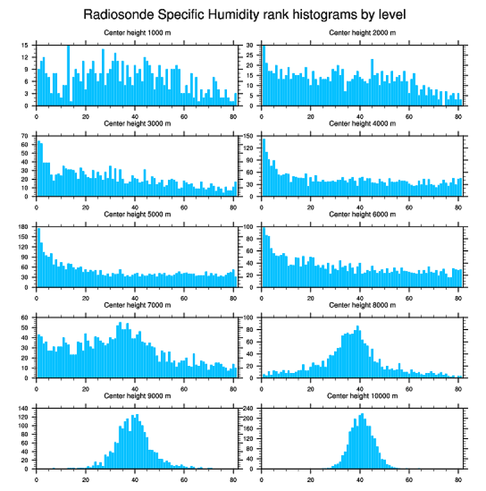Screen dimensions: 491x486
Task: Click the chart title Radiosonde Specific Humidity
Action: (244, 14)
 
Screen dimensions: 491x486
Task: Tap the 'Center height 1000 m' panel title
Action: (137, 32)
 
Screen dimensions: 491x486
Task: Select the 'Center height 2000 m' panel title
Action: (362, 32)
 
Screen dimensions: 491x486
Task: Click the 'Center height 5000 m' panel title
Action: (137, 215)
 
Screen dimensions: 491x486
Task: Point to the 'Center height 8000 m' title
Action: (362, 305)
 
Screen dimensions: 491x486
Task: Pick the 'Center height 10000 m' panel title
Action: (362, 396)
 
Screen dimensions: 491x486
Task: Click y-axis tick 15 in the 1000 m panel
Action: (25, 45)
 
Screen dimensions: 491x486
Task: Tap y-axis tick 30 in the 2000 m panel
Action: (251, 45)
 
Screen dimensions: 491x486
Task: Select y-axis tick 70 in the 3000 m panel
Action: (25, 136)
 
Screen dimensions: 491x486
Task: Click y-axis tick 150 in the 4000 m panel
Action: (250, 136)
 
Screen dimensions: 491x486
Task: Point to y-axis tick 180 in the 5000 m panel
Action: (24, 227)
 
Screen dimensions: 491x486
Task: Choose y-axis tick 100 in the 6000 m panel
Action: (250, 227)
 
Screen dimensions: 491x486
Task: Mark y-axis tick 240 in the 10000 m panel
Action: (250, 408)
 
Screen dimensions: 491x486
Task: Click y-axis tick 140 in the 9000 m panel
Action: (24, 408)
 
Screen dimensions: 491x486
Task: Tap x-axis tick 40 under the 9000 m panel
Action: (135, 478)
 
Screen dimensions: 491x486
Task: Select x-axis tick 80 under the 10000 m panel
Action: (458, 478)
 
